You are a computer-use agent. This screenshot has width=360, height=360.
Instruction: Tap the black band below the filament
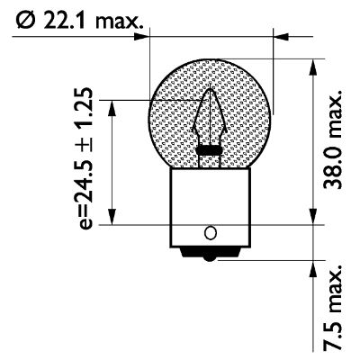coord(211,149)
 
